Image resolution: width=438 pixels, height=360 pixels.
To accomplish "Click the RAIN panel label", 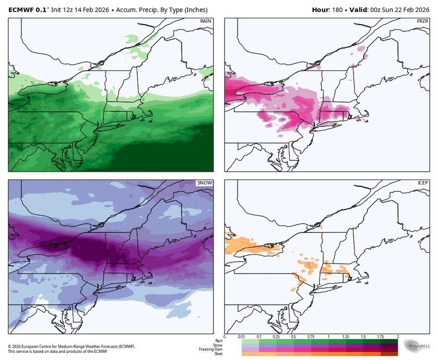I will coord(206,22).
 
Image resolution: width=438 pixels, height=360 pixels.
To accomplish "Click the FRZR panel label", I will coord(422,22).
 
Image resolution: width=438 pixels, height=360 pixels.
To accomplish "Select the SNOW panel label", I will coord(205,183).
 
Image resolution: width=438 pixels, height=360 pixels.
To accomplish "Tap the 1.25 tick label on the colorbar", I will coord(345,337).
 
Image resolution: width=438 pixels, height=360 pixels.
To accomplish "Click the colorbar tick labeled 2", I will coord(398,337).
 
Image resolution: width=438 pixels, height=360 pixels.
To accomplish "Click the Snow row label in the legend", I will coord(218,345).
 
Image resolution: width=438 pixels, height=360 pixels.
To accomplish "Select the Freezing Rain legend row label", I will coord(211,349).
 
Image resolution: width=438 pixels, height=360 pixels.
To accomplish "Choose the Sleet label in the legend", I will coord(218,354).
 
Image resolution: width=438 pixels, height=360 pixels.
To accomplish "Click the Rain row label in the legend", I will coord(219,341).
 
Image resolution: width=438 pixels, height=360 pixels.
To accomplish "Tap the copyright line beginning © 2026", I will coord(71,347).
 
